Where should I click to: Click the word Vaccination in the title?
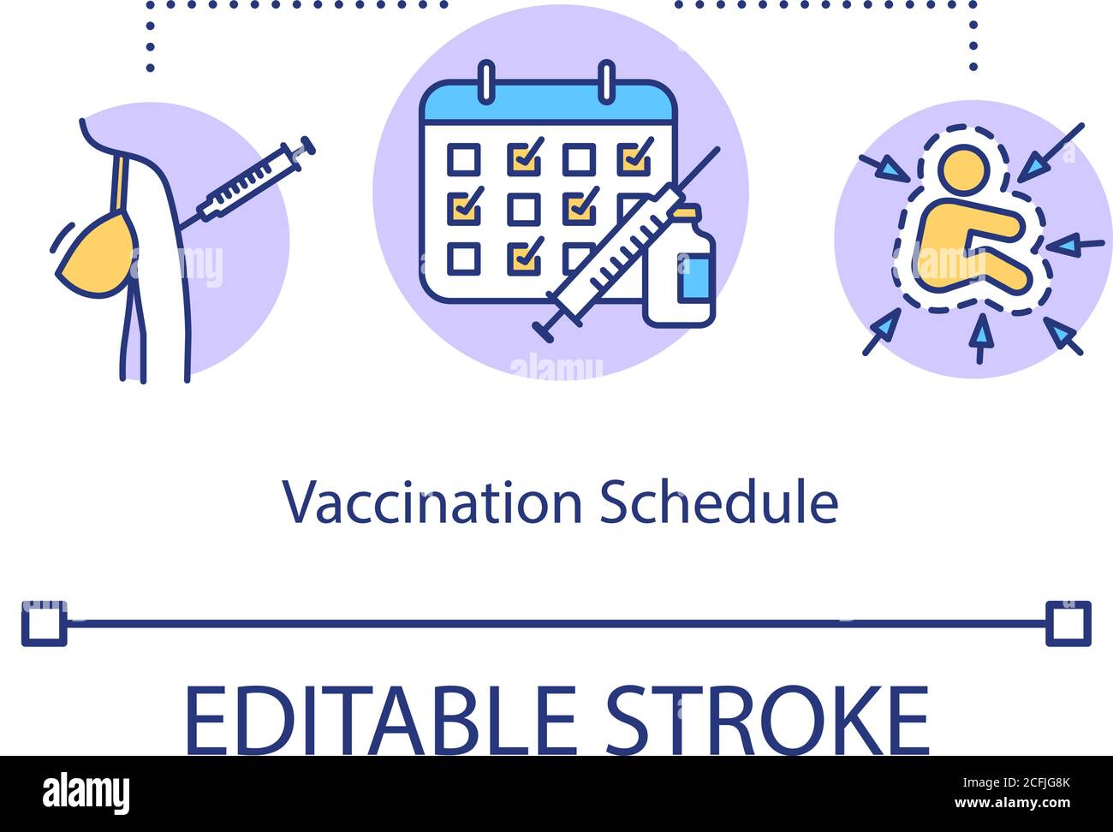click(432, 503)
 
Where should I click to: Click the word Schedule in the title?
click(718, 503)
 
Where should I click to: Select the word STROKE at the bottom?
click(767, 720)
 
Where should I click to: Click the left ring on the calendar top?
click(486, 82)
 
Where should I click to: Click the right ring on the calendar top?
click(606, 82)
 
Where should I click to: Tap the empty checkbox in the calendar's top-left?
click(464, 159)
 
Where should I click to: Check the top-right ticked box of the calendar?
click(634, 158)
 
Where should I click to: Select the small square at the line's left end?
click(44, 623)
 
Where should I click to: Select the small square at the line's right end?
click(1068, 623)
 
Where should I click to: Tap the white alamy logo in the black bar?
click(86, 793)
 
